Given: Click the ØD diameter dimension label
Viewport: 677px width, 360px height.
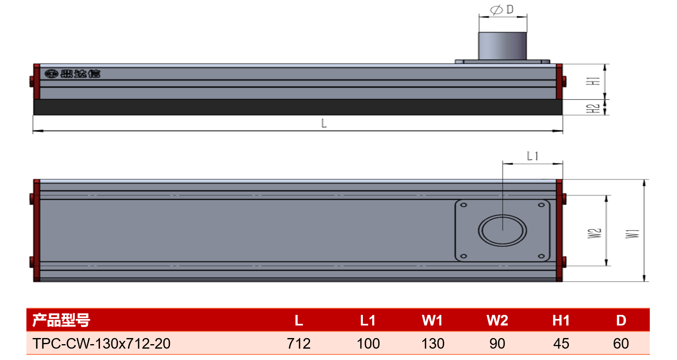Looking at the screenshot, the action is (x=502, y=10).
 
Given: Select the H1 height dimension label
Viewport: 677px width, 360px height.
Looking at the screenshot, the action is (x=594, y=81).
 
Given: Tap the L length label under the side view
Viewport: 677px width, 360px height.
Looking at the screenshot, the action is (x=324, y=124).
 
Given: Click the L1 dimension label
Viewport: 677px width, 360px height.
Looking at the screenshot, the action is (x=532, y=156).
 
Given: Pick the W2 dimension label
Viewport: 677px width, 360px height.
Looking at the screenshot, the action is (x=595, y=233).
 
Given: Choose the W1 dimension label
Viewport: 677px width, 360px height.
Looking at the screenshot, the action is (x=632, y=234).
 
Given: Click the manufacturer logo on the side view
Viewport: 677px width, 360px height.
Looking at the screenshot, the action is (x=72, y=74).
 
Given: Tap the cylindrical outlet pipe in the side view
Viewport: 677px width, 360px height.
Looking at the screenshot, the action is (x=502, y=46).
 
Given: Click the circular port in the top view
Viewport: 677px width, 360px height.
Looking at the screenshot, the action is (x=502, y=215).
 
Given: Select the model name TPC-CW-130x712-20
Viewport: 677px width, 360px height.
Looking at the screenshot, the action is (x=101, y=344).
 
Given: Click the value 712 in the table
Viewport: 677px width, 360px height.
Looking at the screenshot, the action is (x=299, y=344).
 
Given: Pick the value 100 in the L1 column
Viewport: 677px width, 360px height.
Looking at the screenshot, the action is (x=368, y=344).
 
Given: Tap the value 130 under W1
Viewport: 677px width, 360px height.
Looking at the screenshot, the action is (x=433, y=344).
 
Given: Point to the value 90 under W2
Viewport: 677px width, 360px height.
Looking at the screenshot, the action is (x=497, y=344).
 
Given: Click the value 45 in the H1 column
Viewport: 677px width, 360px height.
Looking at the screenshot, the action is (x=561, y=344).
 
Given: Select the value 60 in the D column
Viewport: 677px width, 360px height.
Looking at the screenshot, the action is (x=621, y=344).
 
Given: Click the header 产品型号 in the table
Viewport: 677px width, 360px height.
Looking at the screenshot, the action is (x=61, y=321).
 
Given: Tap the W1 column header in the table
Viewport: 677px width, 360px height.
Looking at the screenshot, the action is (x=432, y=321).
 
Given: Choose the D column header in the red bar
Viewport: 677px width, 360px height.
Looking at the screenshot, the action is (x=621, y=321).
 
